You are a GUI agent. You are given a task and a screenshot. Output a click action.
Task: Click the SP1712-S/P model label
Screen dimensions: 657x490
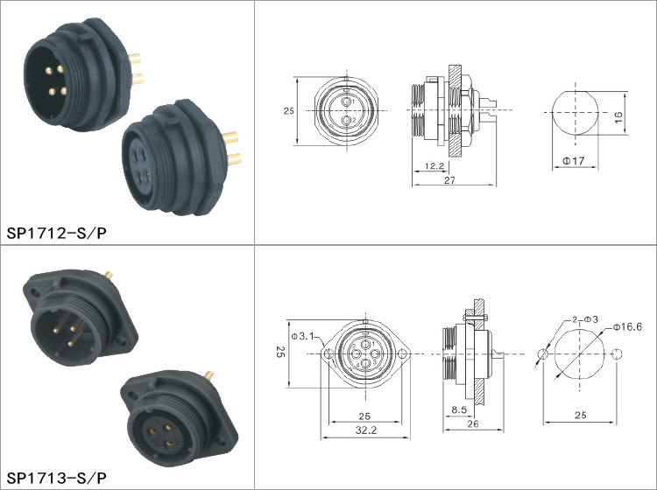(x=57, y=233)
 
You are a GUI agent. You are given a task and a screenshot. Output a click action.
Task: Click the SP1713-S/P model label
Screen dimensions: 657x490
(x=57, y=478)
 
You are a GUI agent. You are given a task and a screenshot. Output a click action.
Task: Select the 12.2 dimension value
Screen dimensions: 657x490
(x=434, y=165)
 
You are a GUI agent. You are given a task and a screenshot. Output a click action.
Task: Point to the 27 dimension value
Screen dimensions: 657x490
(x=449, y=180)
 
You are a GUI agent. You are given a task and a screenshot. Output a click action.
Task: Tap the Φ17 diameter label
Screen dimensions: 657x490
(x=573, y=161)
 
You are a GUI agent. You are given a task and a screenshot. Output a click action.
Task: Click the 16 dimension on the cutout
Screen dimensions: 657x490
(x=618, y=116)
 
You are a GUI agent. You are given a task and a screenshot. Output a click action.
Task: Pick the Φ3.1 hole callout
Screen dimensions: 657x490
(x=302, y=336)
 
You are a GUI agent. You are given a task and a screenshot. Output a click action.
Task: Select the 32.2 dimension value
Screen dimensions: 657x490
(x=366, y=430)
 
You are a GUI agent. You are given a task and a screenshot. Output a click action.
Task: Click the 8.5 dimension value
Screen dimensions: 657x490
(x=459, y=409)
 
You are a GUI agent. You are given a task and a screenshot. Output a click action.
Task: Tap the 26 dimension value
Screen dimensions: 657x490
(x=473, y=423)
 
